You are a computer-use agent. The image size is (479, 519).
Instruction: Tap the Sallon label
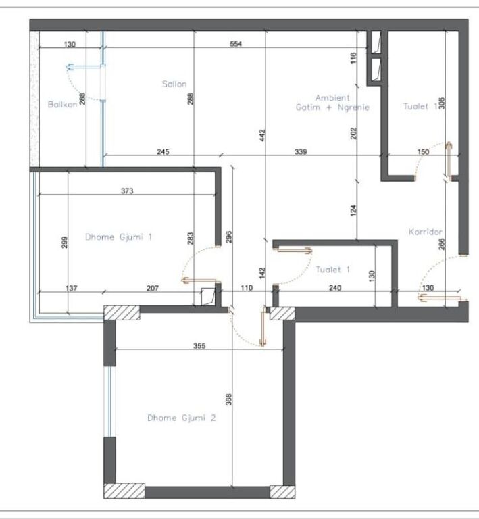point(174,84)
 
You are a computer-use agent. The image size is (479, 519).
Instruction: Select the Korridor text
point(425,232)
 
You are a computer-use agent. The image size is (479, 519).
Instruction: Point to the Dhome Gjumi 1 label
point(118,237)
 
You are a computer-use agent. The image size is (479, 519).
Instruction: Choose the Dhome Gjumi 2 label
point(181,418)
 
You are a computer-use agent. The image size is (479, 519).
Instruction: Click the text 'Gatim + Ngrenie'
point(332,107)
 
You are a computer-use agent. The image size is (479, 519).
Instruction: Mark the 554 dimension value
point(235,44)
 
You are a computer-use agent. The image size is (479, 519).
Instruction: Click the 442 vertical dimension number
point(261,136)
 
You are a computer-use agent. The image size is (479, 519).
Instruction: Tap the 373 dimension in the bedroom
point(127,191)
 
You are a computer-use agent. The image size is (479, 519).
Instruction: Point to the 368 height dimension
point(228,399)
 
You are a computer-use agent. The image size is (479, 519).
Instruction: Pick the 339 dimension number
point(301,152)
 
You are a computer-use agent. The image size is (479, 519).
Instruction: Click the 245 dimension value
point(163,152)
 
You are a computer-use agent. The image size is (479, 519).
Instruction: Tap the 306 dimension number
point(442,103)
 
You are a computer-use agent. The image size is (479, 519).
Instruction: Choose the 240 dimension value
point(335,288)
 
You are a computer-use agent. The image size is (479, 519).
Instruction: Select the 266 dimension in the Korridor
point(442,244)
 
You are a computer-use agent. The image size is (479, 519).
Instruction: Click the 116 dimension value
point(353,59)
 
